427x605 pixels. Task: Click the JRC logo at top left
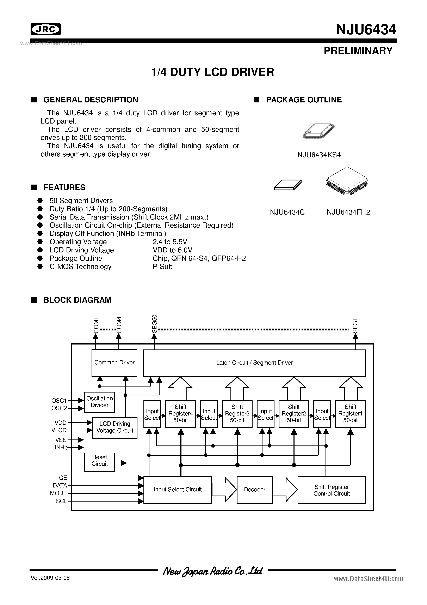point(45,29)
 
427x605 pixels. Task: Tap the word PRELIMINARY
point(358,51)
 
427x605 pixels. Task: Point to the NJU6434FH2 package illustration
point(347,181)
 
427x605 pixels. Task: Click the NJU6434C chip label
point(287,212)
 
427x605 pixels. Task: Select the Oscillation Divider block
point(99,402)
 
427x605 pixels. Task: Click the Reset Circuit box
point(99,462)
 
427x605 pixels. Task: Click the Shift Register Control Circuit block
point(332,490)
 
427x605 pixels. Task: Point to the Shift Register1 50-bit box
point(350,414)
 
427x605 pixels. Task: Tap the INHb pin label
point(61,447)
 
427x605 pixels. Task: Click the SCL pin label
point(62,501)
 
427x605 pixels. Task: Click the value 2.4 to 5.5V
point(170,242)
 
